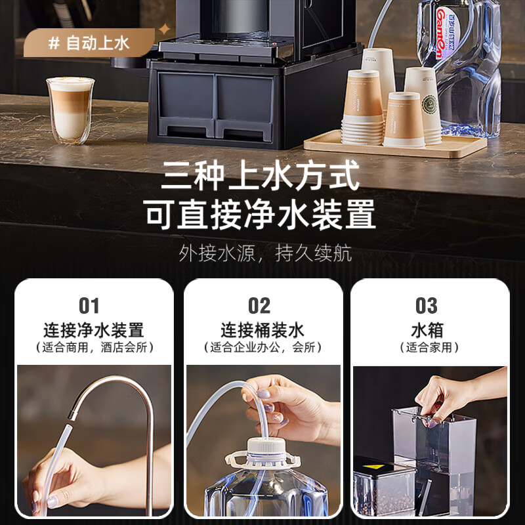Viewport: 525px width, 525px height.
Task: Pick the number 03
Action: [427, 306]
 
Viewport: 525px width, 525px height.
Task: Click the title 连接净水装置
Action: [93, 329]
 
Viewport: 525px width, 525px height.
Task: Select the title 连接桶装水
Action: [262, 329]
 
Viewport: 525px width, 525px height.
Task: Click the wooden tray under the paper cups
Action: [394, 145]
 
